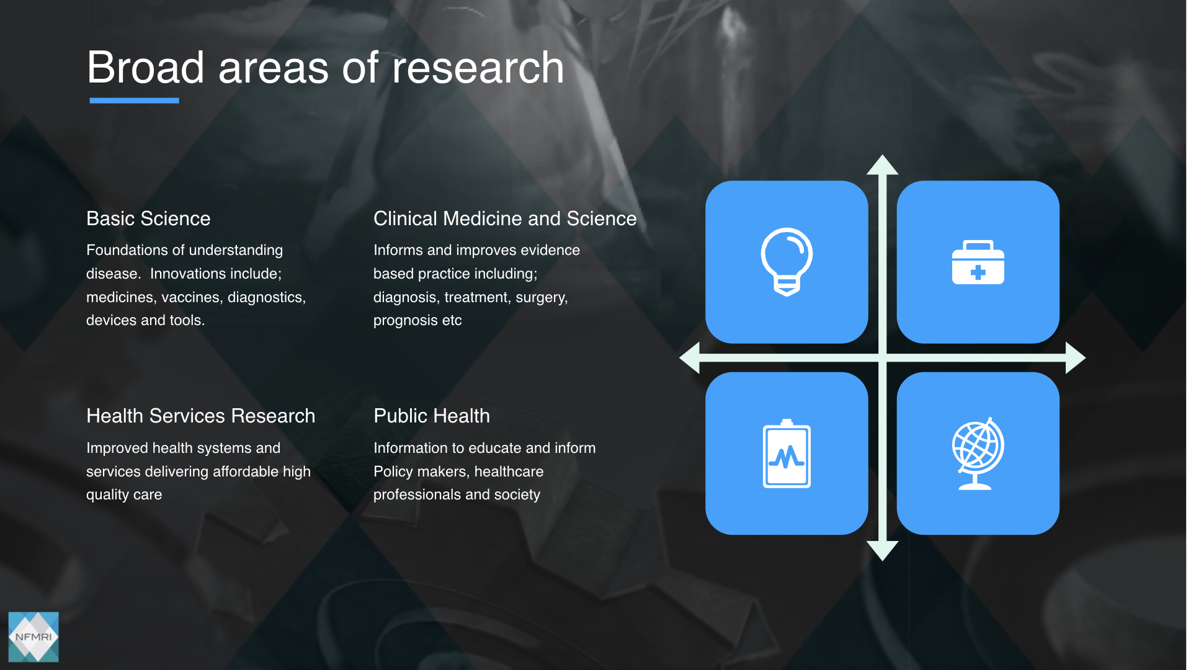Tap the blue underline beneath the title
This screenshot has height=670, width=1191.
pos(134,100)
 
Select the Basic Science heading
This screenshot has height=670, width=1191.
pos(148,218)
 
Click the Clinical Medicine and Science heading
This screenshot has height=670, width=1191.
pos(505,218)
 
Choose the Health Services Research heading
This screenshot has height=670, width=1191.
pos(201,416)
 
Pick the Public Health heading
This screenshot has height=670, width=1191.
pos(432,416)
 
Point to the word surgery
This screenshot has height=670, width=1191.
pos(542,298)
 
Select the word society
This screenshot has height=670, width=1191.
pos(517,495)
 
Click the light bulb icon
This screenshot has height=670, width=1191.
pos(787,262)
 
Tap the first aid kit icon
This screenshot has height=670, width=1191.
pos(978,262)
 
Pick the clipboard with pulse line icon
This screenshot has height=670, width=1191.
pos(787,453)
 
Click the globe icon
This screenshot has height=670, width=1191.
pos(978,453)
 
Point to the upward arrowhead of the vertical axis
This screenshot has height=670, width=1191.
pos(882,164)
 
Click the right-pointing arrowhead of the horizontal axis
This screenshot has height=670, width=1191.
pos(1076,357)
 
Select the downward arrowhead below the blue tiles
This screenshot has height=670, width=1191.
pos(882,551)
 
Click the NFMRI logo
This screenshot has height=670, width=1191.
pos(33,637)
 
